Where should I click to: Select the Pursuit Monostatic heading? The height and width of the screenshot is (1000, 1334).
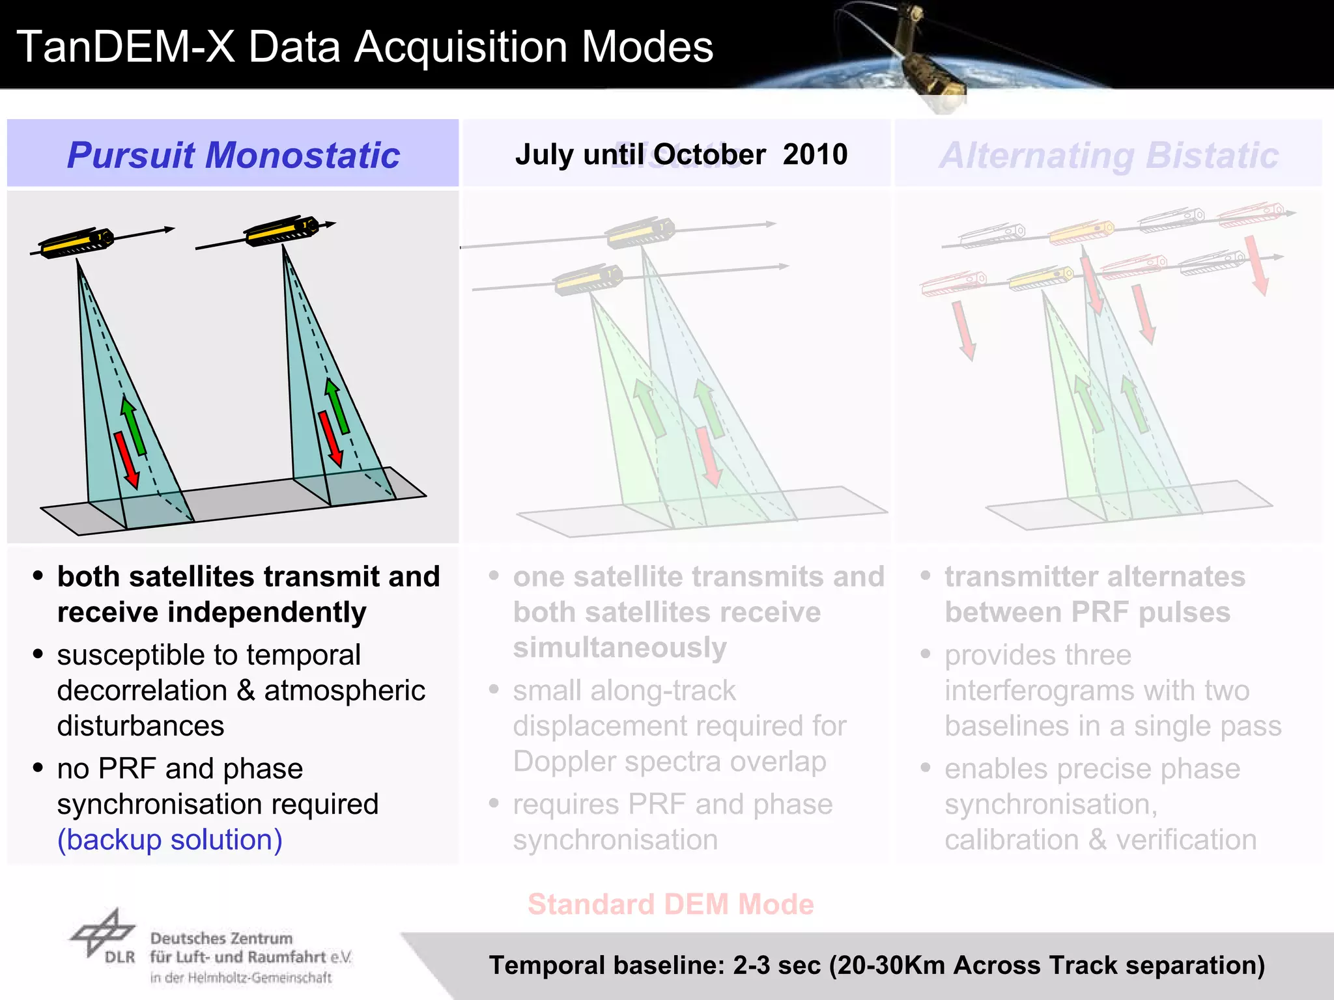(233, 155)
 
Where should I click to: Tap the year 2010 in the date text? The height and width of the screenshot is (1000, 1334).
(815, 155)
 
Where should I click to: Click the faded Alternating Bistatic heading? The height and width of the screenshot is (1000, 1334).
(1109, 155)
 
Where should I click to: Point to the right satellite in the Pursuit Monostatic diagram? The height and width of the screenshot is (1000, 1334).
(281, 231)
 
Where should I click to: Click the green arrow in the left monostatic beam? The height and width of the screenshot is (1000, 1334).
(134, 427)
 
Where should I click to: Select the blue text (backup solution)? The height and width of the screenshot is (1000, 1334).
(170, 840)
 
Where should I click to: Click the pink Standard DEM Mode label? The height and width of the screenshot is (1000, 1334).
(670, 904)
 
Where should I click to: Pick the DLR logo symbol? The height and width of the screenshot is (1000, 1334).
(103, 932)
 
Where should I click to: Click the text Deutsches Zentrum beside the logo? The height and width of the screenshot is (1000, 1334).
(221, 939)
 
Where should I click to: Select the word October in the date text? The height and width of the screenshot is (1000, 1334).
(709, 155)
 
